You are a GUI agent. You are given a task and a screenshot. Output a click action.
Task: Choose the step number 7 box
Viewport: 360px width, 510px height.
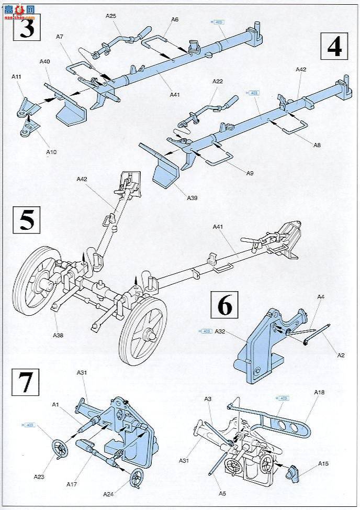coord(25,384)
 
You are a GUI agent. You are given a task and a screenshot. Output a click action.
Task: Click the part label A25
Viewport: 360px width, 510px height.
coord(111,16)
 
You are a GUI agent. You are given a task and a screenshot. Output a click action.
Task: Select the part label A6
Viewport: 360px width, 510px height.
coord(175,19)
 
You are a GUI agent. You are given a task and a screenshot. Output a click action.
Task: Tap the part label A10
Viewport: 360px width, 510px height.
coord(51,152)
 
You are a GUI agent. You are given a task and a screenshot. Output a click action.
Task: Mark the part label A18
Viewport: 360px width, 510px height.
coord(320,392)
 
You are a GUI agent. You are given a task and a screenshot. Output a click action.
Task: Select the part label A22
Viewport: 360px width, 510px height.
coord(218,81)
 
